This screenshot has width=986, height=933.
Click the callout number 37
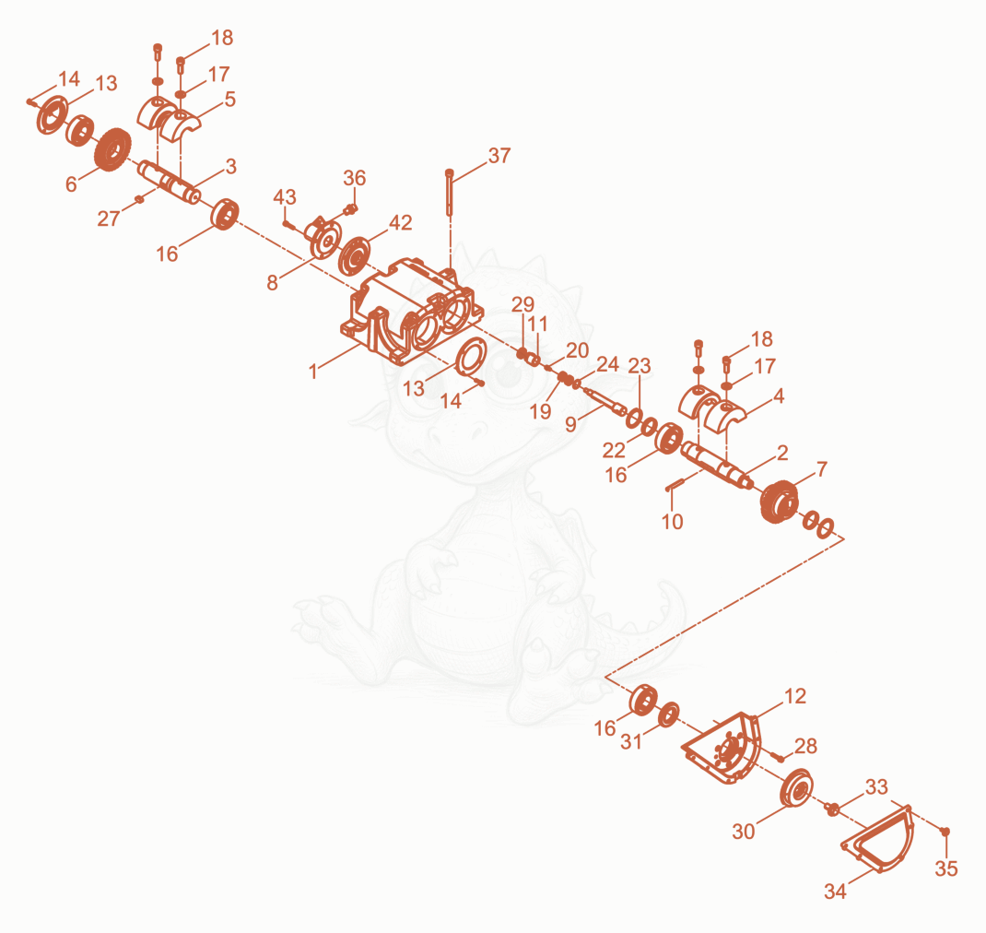click(x=499, y=156)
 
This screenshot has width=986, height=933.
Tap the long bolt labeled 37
click(x=450, y=192)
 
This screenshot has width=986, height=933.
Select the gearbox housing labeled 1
click(x=412, y=311)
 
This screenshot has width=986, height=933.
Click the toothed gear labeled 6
click(x=113, y=149)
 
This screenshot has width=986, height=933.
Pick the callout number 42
click(x=401, y=223)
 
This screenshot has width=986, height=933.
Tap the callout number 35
click(x=945, y=868)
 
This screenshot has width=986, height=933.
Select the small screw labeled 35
click(x=945, y=832)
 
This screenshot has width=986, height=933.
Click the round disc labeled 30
click(x=795, y=786)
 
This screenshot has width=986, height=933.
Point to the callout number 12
click(x=795, y=696)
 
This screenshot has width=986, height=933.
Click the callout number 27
click(x=108, y=218)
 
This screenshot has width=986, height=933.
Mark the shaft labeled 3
click(x=170, y=183)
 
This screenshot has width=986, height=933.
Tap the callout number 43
click(x=284, y=197)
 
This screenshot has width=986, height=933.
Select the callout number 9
click(x=570, y=425)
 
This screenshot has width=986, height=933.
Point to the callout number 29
click(x=522, y=304)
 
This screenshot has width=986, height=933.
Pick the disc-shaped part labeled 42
click(x=354, y=255)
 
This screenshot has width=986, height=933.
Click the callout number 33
click(x=876, y=787)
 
